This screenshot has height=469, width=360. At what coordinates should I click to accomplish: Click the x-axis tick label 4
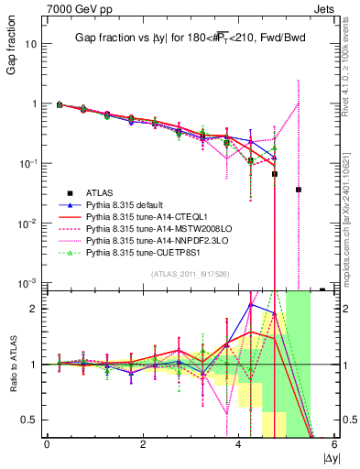(239, 445)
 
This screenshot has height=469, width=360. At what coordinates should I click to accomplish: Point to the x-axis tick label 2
(143, 445)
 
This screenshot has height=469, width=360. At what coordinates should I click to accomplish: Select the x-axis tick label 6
(334, 445)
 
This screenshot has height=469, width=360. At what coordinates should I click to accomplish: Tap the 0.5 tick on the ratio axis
(29, 420)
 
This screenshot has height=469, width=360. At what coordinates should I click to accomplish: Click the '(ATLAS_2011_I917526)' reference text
(190, 274)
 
